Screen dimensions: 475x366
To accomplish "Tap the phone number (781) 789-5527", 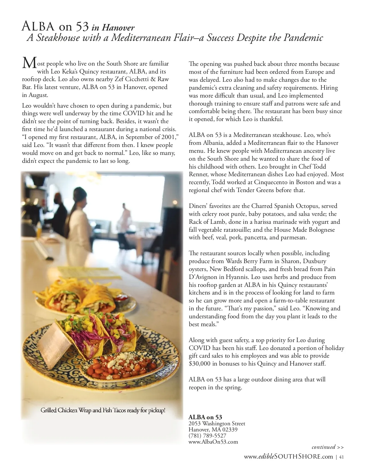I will pyautogui.click(x=207, y=436).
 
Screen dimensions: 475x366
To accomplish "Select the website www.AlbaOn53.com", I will pyautogui.click(x=213, y=442).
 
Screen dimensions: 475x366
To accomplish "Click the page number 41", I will pyautogui.click(x=342, y=457).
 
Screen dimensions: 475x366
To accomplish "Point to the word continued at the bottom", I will pyautogui.click(x=323, y=447).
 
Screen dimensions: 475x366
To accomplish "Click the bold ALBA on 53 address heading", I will pyautogui.click(x=205, y=417).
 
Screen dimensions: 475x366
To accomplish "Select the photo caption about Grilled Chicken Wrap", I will pyautogui.click(x=103, y=410).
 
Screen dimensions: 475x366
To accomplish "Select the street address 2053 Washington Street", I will pyautogui.click(x=217, y=423).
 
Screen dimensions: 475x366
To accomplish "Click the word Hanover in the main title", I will pyautogui.click(x=118, y=28).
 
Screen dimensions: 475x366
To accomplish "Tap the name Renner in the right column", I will pyautogui.click(x=198, y=174).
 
